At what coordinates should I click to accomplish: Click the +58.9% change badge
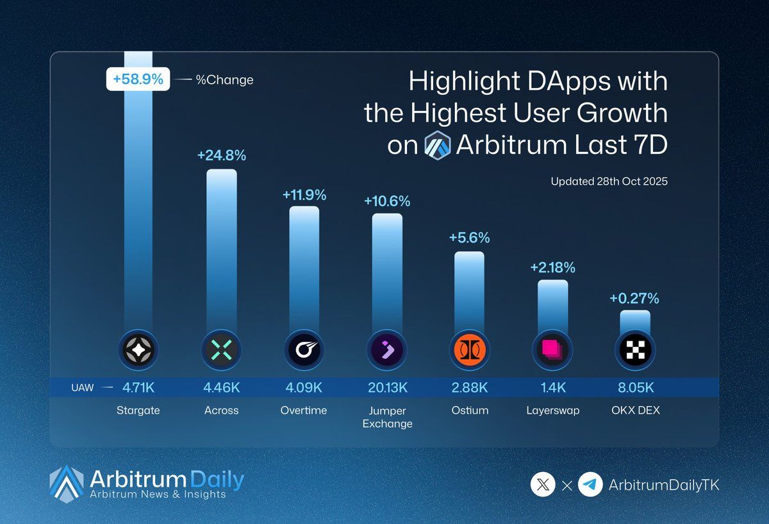click(x=138, y=80)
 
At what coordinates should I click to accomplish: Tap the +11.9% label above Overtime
click(x=304, y=194)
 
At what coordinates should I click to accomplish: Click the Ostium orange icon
click(x=470, y=350)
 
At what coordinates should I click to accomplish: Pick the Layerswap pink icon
click(x=552, y=350)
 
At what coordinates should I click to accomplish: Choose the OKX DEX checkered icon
click(x=635, y=350)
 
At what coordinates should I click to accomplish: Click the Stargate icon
click(x=138, y=350)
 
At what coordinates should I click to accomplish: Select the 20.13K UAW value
click(x=387, y=387)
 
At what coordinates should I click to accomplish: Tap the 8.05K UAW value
click(x=635, y=387)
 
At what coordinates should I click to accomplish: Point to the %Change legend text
click(x=224, y=80)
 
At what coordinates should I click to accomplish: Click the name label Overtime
click(x=304, y=410)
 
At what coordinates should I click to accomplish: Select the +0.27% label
click(x=634, y=298)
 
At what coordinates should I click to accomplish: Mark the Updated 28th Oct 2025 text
click(x=609, y=182)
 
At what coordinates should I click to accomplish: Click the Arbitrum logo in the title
click(x=438, y=145)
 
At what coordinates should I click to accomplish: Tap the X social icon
click(x=543, y=485)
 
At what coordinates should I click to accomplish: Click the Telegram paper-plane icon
click(x=590, y=485)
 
